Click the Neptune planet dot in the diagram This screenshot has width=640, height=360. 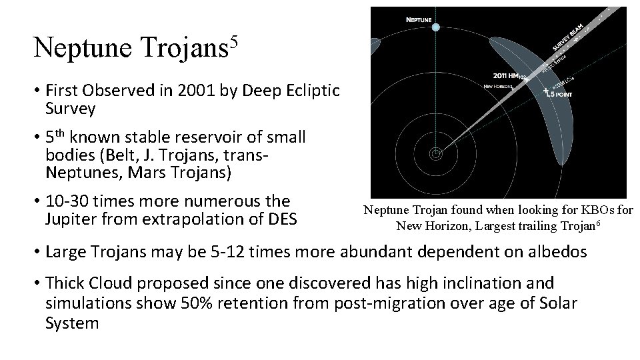(436, 27)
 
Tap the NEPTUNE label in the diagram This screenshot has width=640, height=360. (419, 19)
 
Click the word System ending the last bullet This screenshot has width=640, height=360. (72, 324)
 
